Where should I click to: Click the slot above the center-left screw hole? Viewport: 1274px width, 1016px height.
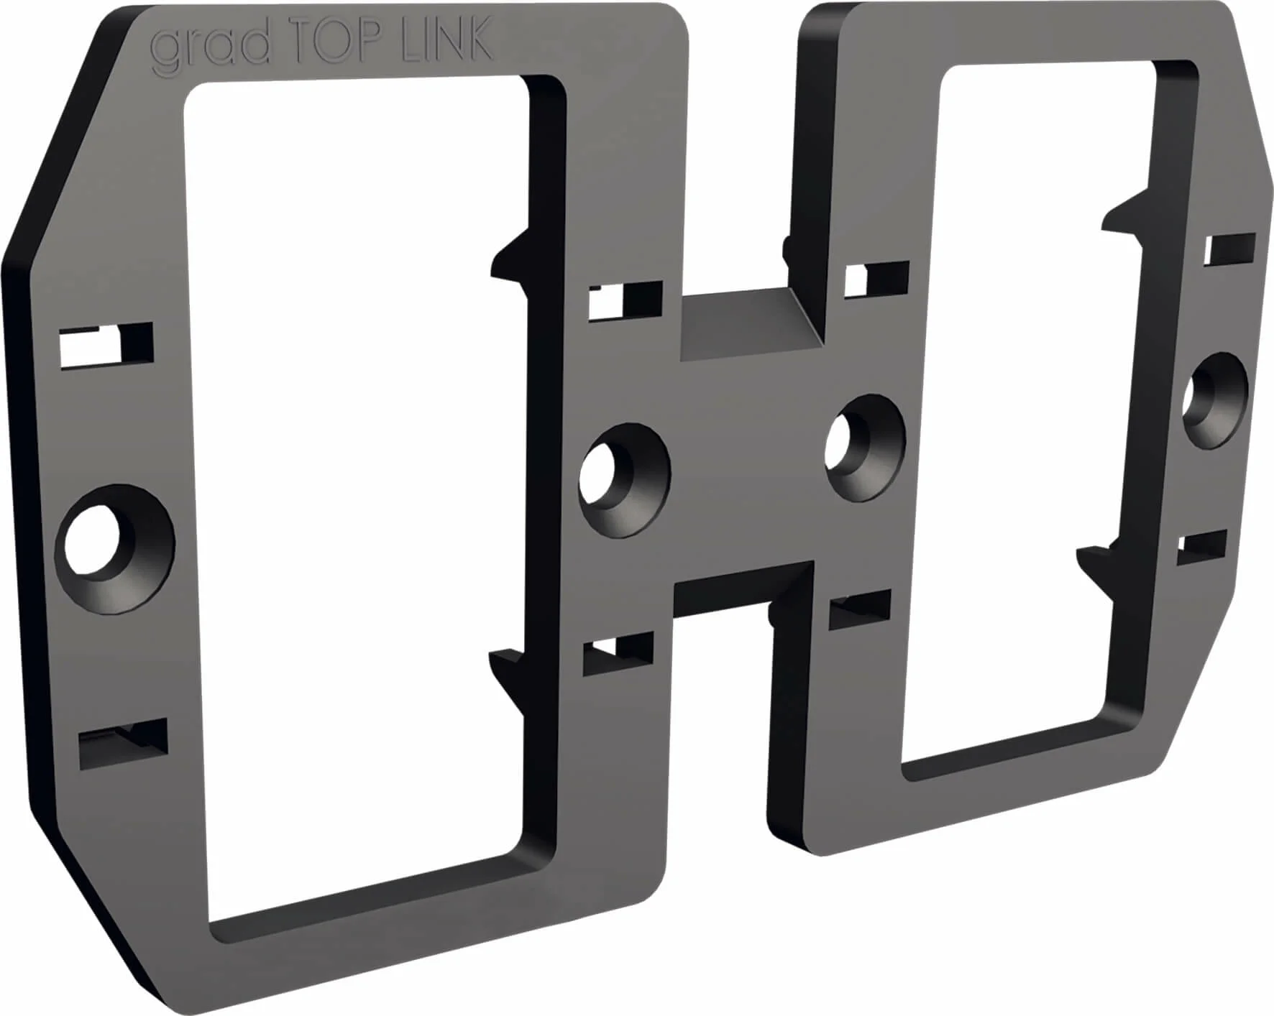tap(625, 301)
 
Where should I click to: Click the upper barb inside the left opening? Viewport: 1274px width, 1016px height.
tap(512, 259)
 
